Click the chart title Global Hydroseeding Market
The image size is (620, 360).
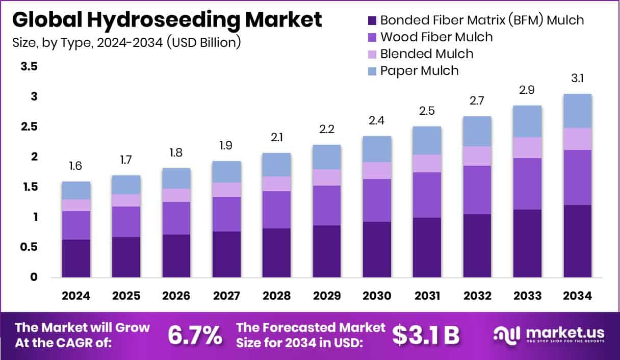[167, 20]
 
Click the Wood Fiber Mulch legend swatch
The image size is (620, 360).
[372, 37]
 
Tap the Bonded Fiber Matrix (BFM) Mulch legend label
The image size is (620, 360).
[482, 20]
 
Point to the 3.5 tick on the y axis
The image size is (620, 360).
[29, 66]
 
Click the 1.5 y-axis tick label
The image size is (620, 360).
[29, 187]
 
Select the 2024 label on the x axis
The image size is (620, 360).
[76, 296]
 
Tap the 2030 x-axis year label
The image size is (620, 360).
[377, 296]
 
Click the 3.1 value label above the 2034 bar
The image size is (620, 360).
[577, 79]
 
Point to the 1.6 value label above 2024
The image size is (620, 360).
[76, 167]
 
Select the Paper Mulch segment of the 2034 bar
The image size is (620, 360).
[577, 111]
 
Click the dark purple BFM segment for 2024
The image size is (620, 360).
[76, 259]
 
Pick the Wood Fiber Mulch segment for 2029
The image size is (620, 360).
[327, 205]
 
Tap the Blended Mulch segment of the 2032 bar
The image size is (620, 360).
[477, 156]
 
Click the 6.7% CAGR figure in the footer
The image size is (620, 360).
[195, 336]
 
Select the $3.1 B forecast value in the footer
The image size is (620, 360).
[426, 336]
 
